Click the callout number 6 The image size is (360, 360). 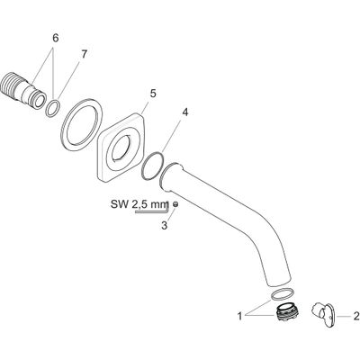click(56, 39)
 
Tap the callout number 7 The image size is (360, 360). click(84, 55)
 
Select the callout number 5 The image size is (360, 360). click(153, 94)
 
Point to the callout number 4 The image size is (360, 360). click(185, 112)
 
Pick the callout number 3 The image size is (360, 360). click(164, 225)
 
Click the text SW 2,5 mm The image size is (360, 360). click(139, 205)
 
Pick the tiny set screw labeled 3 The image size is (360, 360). click(175, 204)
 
